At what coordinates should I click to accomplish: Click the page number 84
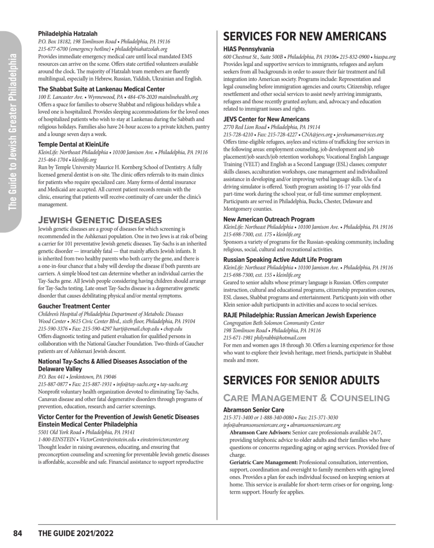click(x=18, y=533)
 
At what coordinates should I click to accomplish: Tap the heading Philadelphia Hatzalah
click(x=67, y=34)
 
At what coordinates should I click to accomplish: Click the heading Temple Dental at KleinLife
click(x=73, y=144)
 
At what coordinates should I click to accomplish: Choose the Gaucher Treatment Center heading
click(x=74, y=306)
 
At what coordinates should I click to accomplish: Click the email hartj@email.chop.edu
click(x=137, y=329)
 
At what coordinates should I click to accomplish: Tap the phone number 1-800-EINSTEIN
click(x=57, y=439)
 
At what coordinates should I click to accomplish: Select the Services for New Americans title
click(x=304, y=36)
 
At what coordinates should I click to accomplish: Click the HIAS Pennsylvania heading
click(x=249, y=49)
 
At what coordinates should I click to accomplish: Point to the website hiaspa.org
click(x=385, y=57)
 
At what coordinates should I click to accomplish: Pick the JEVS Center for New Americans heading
click(x=266, y=119)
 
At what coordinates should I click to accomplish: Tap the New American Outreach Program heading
click(x=269, y=219)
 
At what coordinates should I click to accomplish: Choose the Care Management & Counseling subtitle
click(x=306, y=398)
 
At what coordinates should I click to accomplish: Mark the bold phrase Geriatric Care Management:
click(x=264, y=462)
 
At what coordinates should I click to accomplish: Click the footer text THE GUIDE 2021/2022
click(x=76, y=533)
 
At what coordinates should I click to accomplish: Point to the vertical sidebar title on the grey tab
click(x=12, y=132)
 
